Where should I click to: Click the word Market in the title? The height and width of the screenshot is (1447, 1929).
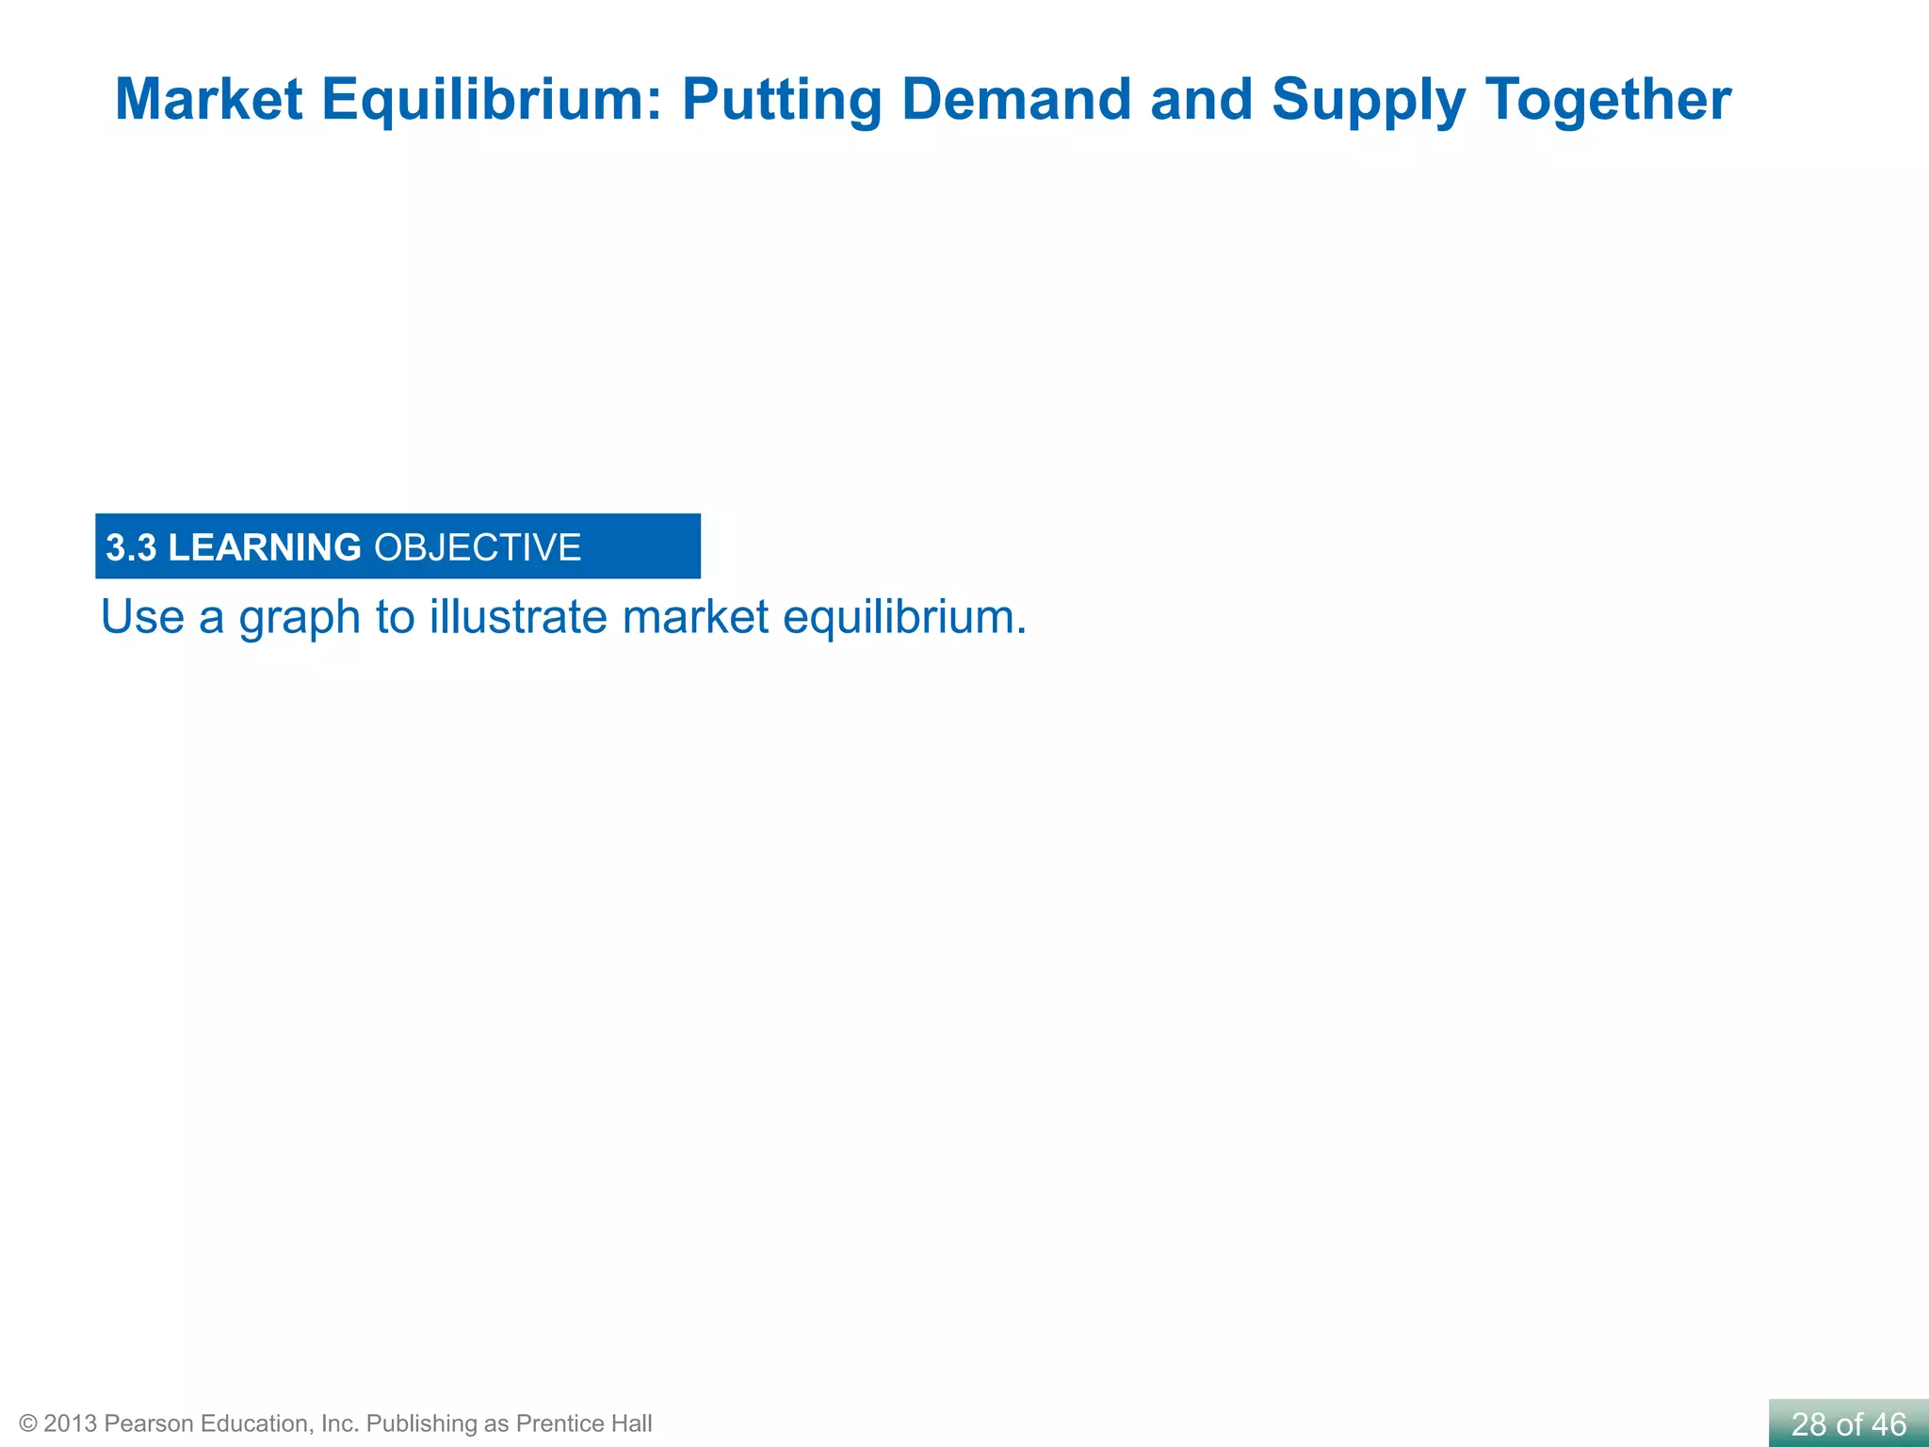tap(208, 99)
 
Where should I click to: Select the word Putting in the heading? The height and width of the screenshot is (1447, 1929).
tap(781, 99)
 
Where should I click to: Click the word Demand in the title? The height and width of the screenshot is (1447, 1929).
tap(1015, 99)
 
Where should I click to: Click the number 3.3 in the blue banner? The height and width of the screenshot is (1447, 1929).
tap(131, 547)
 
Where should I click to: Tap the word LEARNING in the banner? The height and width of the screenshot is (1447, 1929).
tap(264, 547)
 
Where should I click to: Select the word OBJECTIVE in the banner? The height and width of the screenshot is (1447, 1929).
tap(478, 547)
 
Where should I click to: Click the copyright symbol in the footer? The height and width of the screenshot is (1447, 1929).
tap(28, 1423)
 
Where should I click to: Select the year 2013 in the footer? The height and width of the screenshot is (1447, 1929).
tap(71, 1423)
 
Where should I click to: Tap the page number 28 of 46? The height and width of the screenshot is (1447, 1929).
tap(1848, 1423)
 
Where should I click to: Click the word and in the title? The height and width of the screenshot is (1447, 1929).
tap(1201, 99)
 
